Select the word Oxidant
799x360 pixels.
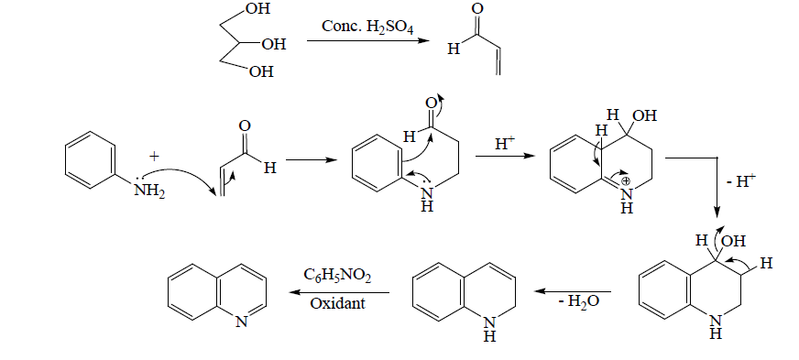pos(336,303)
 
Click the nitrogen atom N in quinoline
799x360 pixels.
pos(240,322)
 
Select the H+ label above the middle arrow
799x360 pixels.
pos(506,144)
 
